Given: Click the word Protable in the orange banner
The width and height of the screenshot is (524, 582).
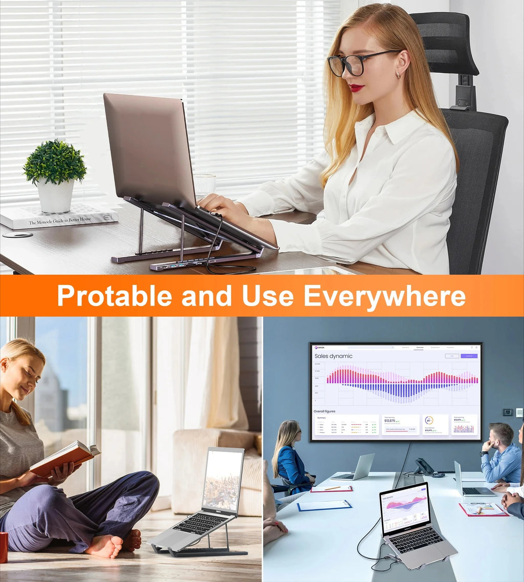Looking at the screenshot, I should [114, 296].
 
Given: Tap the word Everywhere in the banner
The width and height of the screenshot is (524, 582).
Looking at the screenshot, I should [384, 296].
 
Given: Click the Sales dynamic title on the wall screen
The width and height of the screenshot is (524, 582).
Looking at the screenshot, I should [333, 356].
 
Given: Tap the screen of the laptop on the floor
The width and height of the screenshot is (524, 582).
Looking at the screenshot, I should [223, 480].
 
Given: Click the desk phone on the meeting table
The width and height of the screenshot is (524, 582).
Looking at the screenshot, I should [425, 467].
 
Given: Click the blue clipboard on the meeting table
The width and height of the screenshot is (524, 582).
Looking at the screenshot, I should [324, 505].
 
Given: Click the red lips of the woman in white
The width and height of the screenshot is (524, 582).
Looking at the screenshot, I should [356, 87].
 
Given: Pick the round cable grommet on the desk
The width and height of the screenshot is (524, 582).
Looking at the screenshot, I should [17, 234].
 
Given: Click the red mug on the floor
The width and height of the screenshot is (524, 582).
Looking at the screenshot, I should [3, 547].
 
